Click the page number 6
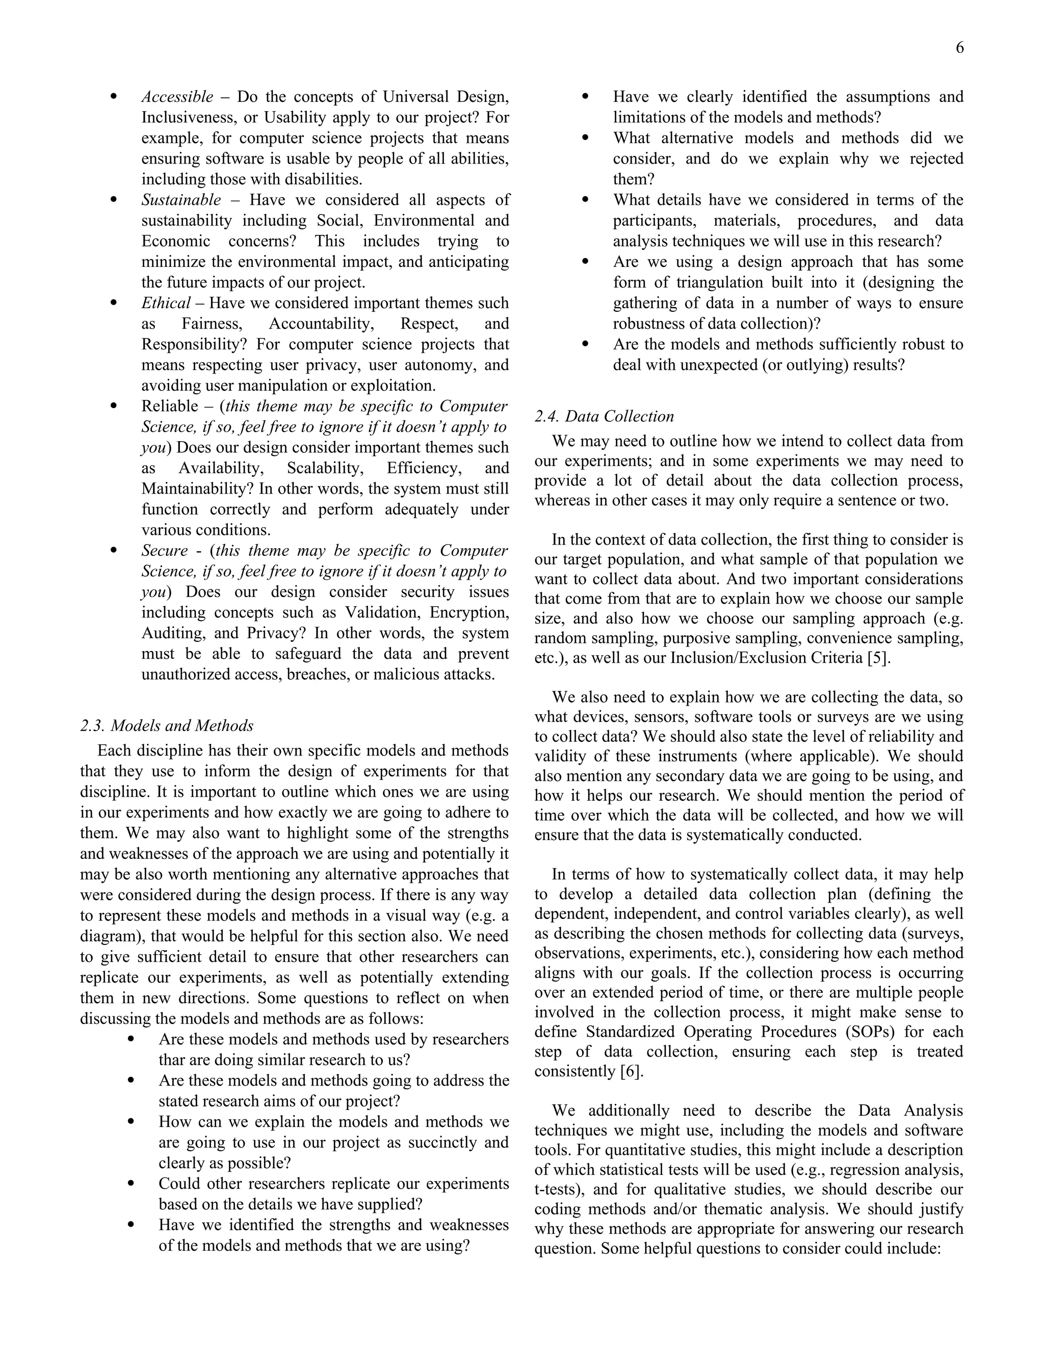click(x=959, y=48)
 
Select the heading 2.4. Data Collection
click(x=604, y=416)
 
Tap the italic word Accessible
click(x=177, y=96)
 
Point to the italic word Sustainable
click(x=180, y=200)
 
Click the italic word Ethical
click(x=166, y=303)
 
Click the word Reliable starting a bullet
click(x=169, y=406)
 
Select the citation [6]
click(x=632, y=1071)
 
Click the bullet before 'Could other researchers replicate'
click(x=130, y=1183)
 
